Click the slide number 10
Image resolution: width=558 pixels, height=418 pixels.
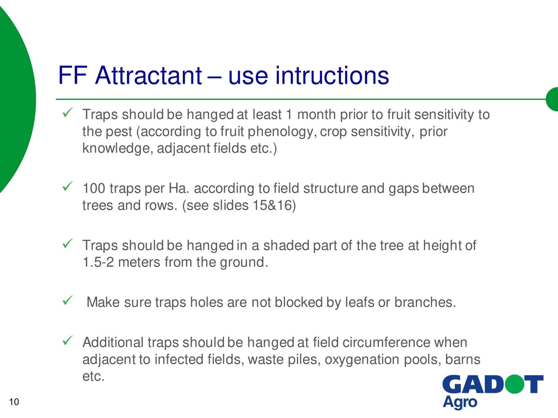tap(14, 402)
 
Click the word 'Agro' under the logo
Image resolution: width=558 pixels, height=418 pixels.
tap(460, 403)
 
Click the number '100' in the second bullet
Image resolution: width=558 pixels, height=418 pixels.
tap(94, 188)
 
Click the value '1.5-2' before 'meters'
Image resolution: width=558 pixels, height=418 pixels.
tap(98, 262)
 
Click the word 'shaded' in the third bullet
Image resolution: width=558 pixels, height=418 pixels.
tap(286, 245)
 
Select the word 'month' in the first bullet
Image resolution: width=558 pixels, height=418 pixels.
tap(316, 114)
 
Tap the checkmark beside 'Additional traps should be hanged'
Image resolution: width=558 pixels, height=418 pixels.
tap(67, 340)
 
